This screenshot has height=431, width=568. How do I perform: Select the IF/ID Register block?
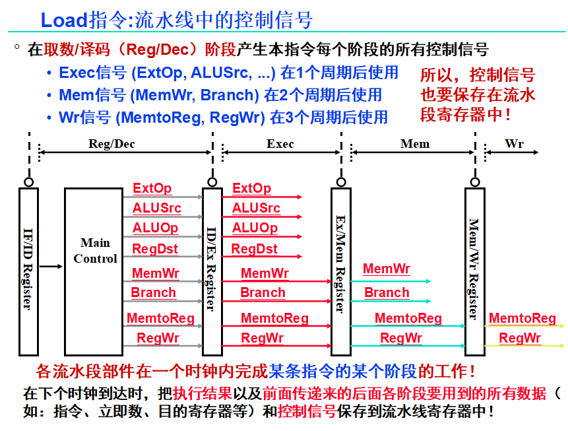click(28, 271)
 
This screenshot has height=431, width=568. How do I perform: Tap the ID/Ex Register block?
click(212, 271)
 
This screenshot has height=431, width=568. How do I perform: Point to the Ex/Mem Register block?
click(340, 271)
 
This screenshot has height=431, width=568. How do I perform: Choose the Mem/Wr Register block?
click(474, 271)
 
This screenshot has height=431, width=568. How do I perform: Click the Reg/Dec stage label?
click(111, 144)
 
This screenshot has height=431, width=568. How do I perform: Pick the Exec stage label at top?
click(280, 144)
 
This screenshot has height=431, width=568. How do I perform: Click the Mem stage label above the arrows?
click(414, 144)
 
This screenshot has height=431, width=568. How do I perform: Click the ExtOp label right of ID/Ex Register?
click(251, 189)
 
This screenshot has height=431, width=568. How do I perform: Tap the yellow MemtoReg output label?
click(522, 319)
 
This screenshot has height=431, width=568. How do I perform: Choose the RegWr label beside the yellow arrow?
click(520, 339)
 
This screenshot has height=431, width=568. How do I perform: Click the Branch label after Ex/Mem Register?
click(387, 292)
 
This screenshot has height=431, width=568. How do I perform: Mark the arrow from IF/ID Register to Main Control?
click(51, 267)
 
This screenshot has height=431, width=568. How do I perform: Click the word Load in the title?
click(63, 20)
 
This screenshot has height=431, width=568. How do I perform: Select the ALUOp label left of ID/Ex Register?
click(155, 228)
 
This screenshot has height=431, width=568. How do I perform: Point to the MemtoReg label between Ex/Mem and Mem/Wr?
click(408, 319)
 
